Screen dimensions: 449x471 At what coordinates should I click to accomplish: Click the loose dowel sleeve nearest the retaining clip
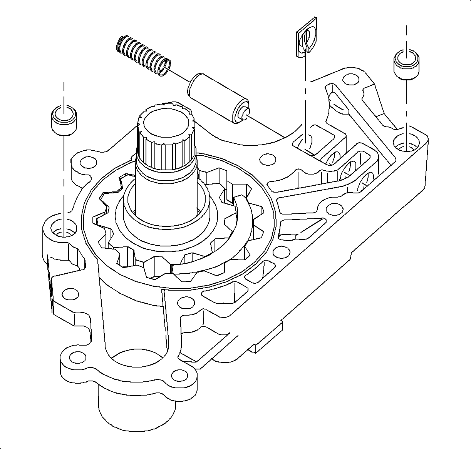(406, 63)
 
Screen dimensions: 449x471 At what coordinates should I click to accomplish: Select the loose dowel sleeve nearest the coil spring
(64, 119)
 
